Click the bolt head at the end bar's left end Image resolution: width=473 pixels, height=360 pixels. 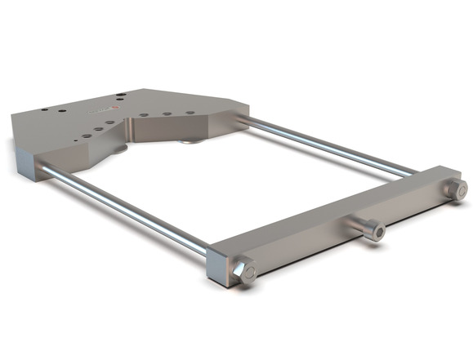pos(246,270)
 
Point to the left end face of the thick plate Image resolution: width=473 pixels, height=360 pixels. pos(25,159)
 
